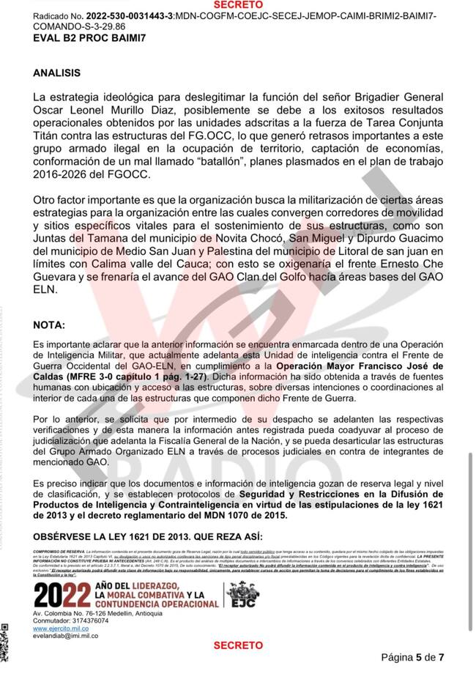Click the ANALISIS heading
coord(56,73)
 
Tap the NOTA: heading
coord(48,325)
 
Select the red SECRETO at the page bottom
coord(237,645)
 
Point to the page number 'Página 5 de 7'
coord(412,657)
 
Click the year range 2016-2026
coord(64,175)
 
